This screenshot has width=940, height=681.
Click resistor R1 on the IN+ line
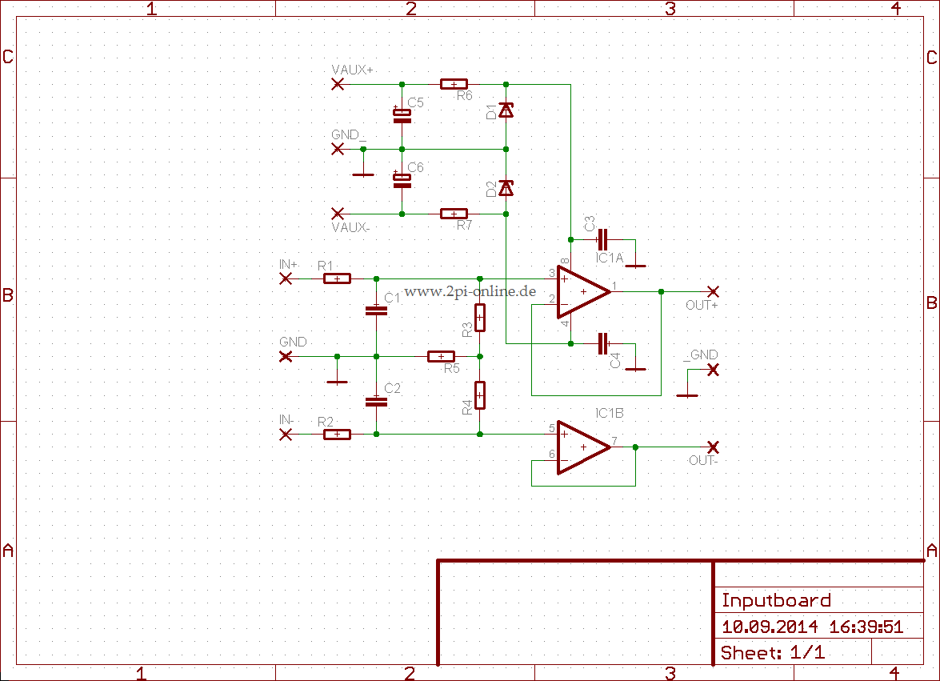pyautogui.click(x=337, y=278)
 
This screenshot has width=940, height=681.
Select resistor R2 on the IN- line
pyautogui.click(x=337, y=435)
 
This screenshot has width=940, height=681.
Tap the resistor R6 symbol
pyautogui.click(x=454, y=84)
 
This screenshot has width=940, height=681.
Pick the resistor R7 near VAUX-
pyautogui.click(x=454, y=214)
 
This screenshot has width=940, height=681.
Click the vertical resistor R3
pyautogui.click(x=479, y=318)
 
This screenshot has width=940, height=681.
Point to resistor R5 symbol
pyautogui.click(x=441, y=356)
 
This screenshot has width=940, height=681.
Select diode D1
pyautogui.click(x=506, y=110)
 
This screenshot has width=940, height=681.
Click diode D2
pyautogui.click(x=506, y=188)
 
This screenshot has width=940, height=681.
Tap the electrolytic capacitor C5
pyautogui.click(x=402, y=114)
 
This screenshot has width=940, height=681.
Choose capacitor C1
pyautogui.click(x=376, y=310)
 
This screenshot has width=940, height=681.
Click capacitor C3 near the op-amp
pyautogui.click(x=602, y=239)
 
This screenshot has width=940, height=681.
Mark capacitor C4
pyautogui.click(x=602, y=344)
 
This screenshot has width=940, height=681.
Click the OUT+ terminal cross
pyautogui.click(x=713, y=291)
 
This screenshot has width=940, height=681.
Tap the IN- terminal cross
pyautogui.click(x=285, y=435)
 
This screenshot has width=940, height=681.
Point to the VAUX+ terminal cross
pyautogui.click(x=338, y=84)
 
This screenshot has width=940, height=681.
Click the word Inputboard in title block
pyautogui.click(x=776, y=600)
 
